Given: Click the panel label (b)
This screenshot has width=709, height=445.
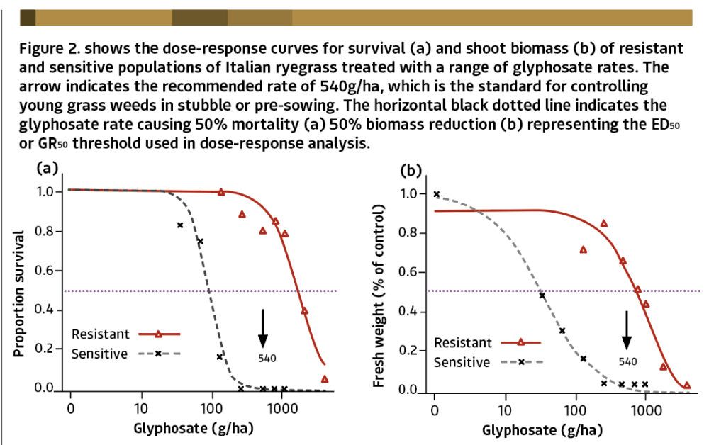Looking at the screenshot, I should (x=411, y=171).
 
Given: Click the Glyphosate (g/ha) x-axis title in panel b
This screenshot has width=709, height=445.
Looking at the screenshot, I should (x=542, y=429).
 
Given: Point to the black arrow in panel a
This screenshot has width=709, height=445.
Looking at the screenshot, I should (x=262, y=327).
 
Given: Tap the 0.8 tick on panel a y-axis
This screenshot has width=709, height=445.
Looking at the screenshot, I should (x=48, y=230).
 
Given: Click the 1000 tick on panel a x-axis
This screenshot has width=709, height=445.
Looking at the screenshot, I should (x=281, y=409).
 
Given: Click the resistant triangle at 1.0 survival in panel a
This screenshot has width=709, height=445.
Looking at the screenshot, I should (x=220, y=192).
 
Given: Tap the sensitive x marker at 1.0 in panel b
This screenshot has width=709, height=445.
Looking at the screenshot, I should (x=436, y=194).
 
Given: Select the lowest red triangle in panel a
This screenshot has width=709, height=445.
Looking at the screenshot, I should (x=325, y=379).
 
